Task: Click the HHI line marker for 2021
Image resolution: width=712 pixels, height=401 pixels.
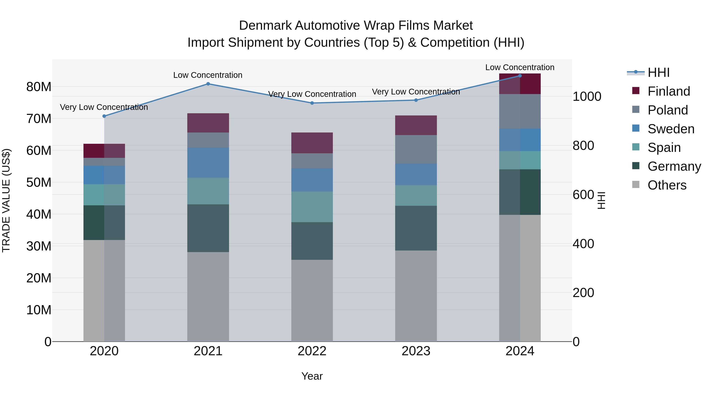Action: click(208, 84)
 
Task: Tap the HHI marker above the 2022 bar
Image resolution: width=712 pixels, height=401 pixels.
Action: click(312, 103)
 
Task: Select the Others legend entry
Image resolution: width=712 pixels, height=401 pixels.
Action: click(667, 185)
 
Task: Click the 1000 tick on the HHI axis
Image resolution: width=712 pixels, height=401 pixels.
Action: click(587, 97)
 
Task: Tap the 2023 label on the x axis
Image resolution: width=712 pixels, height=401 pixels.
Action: click(416, 351)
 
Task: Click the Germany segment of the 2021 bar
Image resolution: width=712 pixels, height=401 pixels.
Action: click(208, 228)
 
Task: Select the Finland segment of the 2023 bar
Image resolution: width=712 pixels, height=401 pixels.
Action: click(416, 125)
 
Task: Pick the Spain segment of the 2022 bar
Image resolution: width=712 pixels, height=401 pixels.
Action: click(312, 207)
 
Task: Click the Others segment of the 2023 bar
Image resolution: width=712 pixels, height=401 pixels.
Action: click(416, 296)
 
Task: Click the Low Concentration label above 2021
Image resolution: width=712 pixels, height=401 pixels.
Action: click(208, 75)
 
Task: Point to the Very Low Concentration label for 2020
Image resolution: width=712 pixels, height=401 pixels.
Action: click(104, 107)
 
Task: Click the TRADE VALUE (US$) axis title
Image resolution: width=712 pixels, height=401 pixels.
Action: click(6, 200)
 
